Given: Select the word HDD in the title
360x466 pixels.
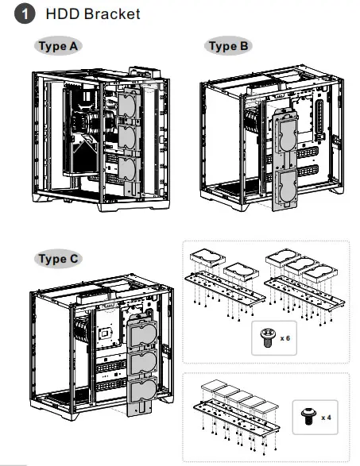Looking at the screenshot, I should coord(63,13).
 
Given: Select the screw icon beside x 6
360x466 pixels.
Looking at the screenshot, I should coord(266,338).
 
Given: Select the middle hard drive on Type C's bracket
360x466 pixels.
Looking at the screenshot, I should coord(141,362).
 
